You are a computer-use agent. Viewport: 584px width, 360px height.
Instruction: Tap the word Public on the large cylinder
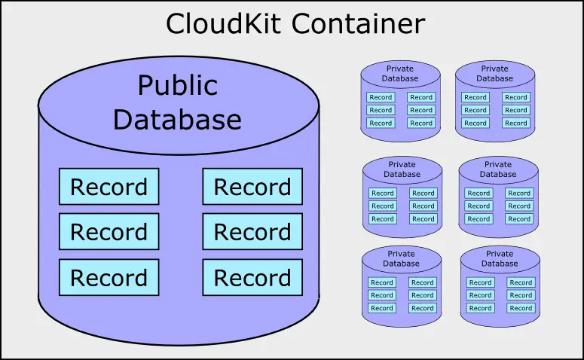[x=177, y=85]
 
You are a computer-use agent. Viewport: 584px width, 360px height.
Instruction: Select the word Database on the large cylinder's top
[x=177, y=119]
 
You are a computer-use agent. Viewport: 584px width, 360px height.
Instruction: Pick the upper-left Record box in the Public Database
[x=109, y=187]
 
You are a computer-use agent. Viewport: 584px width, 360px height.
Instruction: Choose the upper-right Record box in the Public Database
[x=252, y=187]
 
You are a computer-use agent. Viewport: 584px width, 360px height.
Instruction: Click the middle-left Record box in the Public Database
[x=109, y=232]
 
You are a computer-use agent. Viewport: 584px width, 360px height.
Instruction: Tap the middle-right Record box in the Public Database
[x=252, y=232]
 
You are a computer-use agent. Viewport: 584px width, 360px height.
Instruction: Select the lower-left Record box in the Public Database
[x=109, y=277]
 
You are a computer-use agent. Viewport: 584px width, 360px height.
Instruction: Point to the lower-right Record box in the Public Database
[x=252, y=277]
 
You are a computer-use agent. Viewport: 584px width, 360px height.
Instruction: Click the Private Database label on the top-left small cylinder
[x=400, y=73]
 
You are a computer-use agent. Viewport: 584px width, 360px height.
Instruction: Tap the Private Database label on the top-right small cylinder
[x=495, y=73]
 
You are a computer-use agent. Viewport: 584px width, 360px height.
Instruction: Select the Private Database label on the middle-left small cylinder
[x=402, y=169]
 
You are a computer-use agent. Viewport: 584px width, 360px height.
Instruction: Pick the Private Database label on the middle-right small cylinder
[x=498, y=169]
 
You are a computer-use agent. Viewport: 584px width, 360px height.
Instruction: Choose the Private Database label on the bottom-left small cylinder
[x=401, y=259]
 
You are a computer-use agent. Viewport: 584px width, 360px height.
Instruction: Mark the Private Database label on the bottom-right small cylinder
[x=500, y=259]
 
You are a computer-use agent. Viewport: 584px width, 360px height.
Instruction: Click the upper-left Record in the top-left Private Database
[x=381, y=97]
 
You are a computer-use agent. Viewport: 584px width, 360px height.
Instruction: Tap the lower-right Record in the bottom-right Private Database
[x=521, y=308]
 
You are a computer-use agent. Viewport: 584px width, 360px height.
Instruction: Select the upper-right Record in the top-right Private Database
[x=516, y=97]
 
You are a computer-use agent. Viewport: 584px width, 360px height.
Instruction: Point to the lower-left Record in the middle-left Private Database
[x=383, y=218]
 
